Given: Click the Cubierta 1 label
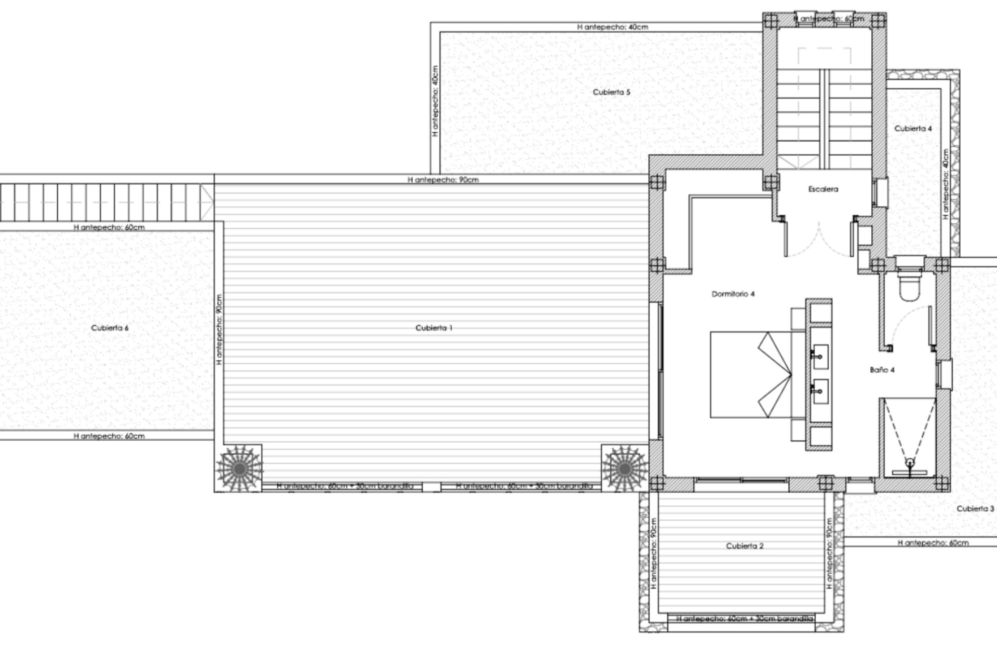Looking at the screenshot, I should coord(434,328).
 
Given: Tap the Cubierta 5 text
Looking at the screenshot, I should coord(612,92).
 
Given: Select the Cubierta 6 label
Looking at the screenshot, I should coord(110,328).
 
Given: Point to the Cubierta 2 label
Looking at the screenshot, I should coord(745,546).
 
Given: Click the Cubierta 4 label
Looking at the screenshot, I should coord(913,128).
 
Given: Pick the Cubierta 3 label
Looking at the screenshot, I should coord(975,508).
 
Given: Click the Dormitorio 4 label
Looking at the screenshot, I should coord(733,294).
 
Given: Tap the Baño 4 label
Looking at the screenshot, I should coord(882,370).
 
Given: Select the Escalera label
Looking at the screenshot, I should coord(823,189).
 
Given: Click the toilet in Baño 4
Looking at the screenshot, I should coord(909,286).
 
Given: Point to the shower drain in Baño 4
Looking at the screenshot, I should coord(909,462).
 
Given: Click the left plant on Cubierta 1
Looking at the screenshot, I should coord(239,468).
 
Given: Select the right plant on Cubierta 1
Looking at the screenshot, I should coord(625,468).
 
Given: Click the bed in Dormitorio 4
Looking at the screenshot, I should coord(750,375).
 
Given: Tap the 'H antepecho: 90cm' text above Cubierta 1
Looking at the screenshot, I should coord(443,180).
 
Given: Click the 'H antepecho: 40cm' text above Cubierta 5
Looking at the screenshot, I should coord(612,27).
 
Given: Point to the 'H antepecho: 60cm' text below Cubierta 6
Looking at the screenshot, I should coord(109,436).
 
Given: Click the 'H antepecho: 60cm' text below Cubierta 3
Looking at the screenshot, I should coord(933,543).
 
